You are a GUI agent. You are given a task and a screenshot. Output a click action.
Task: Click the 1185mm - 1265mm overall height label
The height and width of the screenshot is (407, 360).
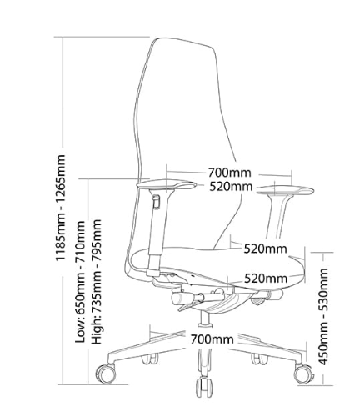point(61,208)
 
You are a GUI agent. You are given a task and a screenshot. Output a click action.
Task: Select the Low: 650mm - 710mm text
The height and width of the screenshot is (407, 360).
point(80,282)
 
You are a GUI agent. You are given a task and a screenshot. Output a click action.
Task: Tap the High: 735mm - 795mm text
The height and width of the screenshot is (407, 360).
point(97,282)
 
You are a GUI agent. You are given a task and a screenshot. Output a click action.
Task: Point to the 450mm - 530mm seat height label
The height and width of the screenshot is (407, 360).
point(323,316)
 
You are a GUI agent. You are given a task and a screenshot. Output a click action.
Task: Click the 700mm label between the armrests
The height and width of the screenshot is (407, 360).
point(229,173)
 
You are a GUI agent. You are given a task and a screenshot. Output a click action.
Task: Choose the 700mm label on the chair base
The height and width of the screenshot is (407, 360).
point(212,339)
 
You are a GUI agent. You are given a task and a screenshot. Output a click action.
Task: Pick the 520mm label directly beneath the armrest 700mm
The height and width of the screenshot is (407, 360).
point(231,186)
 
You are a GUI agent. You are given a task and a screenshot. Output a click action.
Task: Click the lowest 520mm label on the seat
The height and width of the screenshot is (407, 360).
point(266,278)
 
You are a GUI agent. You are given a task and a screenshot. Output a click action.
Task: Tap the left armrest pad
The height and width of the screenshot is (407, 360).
point(167,184)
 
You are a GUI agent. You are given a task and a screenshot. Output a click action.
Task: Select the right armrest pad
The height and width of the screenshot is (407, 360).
point(285,191)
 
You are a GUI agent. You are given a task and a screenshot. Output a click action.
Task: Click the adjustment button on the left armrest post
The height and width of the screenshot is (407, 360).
point(157,202)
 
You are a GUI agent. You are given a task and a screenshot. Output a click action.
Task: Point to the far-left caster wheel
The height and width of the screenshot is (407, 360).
point(106,374)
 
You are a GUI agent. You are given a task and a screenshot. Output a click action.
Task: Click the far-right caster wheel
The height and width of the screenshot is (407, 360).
point(303,374)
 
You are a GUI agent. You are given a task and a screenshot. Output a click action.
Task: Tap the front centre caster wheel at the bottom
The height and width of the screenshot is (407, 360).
point(204,387)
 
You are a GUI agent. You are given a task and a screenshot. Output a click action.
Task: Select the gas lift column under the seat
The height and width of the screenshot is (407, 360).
point(206,319)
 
